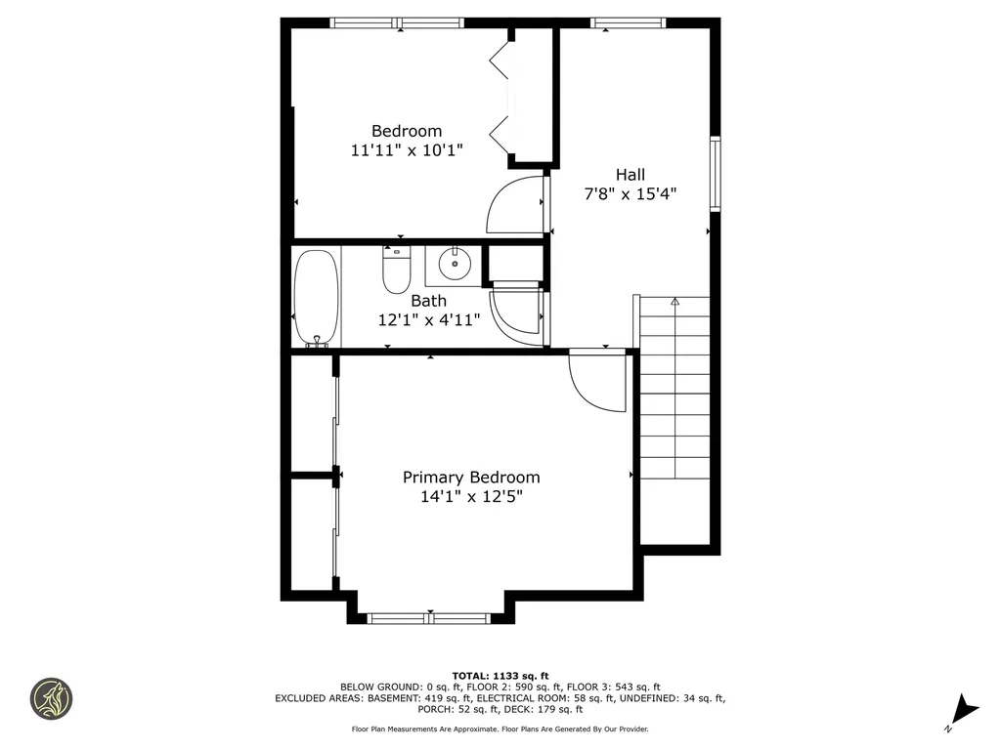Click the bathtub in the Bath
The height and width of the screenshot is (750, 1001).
tap(317, 298)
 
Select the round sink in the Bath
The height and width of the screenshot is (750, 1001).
tap(453, 264)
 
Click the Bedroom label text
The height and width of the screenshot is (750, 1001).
tap(406, 131)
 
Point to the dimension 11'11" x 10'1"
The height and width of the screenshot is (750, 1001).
tap(406, 150)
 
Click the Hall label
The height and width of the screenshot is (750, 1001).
tap(630, 175)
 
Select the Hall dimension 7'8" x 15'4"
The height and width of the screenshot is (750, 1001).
tap(630, 193)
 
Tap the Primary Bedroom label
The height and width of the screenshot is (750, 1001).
tap(471, 478)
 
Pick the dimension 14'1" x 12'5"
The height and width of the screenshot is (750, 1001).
tap(471, 496)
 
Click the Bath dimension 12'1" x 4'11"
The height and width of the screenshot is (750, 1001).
tap(428, 319)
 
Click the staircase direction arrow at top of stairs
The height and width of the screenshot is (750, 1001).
tap(675, 303)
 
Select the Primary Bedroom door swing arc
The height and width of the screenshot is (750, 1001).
tap(591, 386)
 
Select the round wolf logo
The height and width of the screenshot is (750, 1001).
tap(51, 698)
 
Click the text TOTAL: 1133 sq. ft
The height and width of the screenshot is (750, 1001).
tap(500, 675)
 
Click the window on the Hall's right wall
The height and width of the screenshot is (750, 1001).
tap(715, 174)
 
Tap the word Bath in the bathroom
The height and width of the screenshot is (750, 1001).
tap(428, 301)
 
